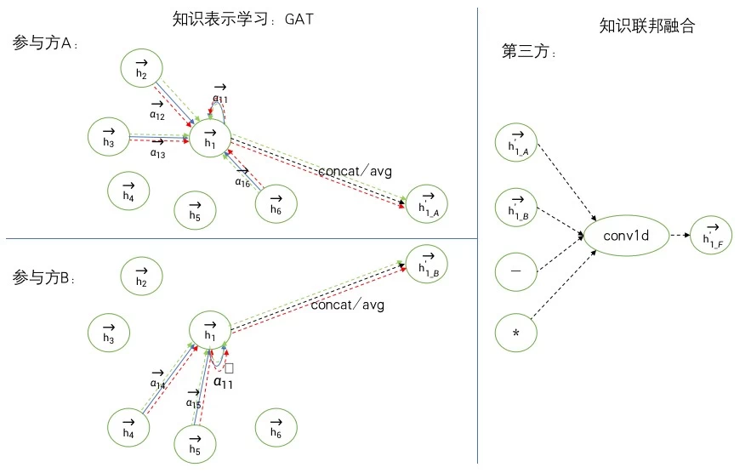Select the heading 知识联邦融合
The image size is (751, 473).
(646, 26)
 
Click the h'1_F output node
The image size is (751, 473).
(713, 236)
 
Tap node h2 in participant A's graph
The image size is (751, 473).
(142, 71)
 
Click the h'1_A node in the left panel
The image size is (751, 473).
(427, 204)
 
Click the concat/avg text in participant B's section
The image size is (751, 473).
(347, 305)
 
